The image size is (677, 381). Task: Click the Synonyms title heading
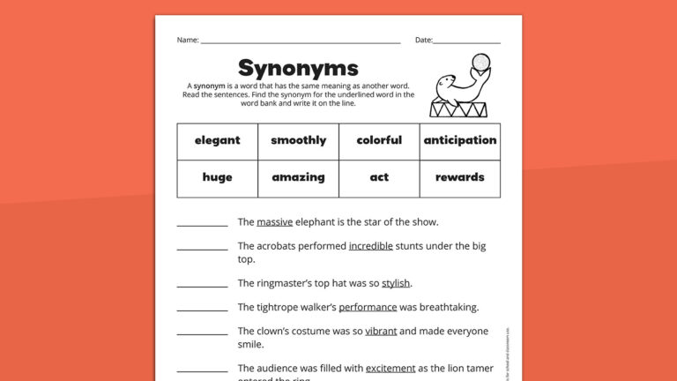tap(298, 68)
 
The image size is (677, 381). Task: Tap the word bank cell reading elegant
tap(217, 140)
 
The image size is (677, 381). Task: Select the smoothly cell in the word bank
tap(298, 140)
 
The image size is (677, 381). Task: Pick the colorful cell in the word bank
tap(379, 140)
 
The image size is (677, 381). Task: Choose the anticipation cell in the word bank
tap(459, 140)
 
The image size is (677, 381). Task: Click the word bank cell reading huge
tap(217, 177)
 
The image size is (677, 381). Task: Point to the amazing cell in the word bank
tap(298, 177)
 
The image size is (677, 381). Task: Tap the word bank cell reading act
tap(379, 177)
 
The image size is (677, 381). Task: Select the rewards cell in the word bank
tap(459, 177)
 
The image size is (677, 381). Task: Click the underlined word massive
tap(275, 222)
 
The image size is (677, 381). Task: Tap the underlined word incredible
tap(370, 246)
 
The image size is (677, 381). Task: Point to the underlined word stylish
tap(396, 283)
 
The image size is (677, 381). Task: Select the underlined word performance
tap(368, 307)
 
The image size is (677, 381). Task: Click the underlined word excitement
tap(390, 368)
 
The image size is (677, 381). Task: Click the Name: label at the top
tap(187, 40)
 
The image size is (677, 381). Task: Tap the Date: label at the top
tap(423, 40)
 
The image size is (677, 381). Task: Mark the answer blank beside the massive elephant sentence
tap(202, 224)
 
